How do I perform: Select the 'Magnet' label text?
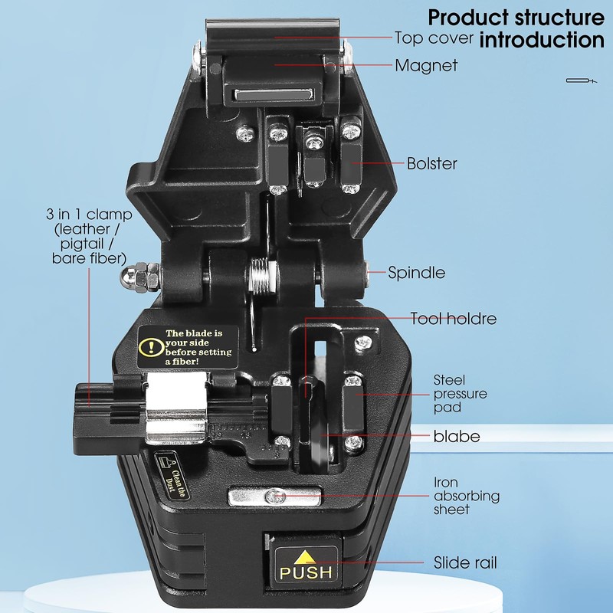(x=426, y=66)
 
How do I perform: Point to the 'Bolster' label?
(x=431, y=163)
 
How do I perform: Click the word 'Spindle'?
(x=416, y=272)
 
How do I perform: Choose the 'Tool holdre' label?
(x=454, y=319)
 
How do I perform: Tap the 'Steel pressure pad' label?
(x=460, y=393)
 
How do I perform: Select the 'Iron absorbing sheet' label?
(x=467, y=496)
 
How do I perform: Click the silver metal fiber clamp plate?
(x=177, y=406)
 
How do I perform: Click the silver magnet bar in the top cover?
(x=273, y=97)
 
